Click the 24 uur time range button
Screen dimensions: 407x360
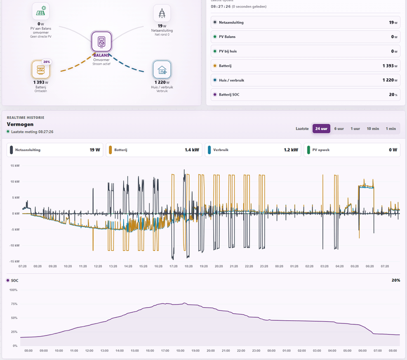point(321,129)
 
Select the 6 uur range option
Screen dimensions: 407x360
point(339,129)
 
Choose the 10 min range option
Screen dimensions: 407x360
point(372,129)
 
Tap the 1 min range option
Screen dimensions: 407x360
point(391,129)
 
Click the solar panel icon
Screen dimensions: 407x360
point(41,11)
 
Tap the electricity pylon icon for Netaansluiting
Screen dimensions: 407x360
point(162,13)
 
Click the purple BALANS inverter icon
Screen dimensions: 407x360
point(101,42)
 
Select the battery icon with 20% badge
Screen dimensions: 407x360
point(41,69)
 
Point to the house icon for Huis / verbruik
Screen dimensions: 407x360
point(162,70)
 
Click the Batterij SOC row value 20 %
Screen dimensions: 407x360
point(393,95)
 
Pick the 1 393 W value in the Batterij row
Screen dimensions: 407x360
point(390,66)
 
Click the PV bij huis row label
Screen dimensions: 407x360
point(227,51)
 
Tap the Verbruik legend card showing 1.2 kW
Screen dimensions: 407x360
point(253,150)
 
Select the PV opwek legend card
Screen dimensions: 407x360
point(352,150)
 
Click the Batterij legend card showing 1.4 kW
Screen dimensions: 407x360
point(154,150)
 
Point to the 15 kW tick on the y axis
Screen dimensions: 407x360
point(15,166)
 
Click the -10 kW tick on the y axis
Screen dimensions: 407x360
point(15,246)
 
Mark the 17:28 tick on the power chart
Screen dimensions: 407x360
point(173,266)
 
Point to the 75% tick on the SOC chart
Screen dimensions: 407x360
point(14,304)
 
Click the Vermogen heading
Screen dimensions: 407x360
point(20,124)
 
